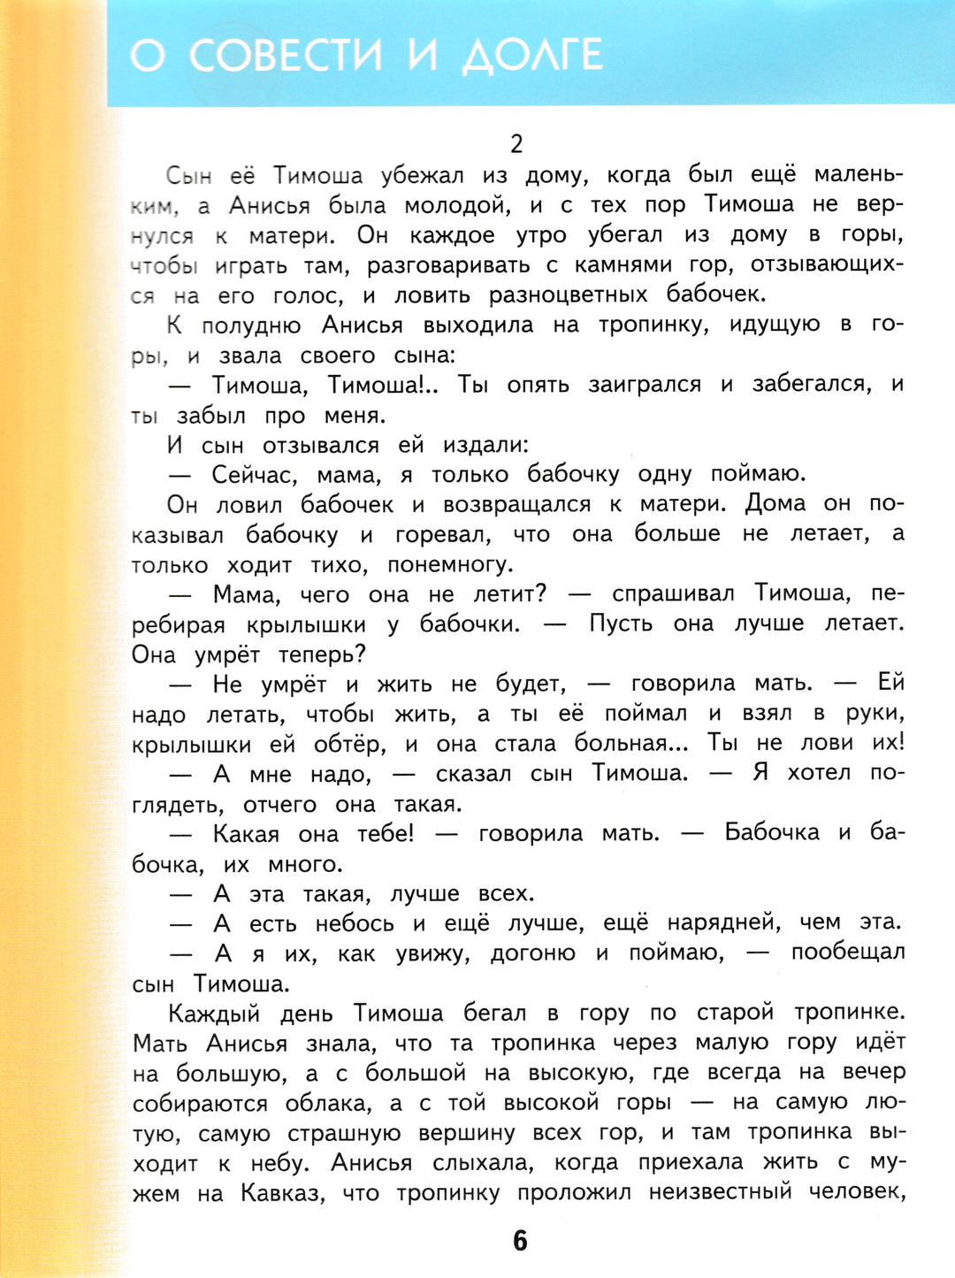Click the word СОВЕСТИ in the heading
(x=286, y=55)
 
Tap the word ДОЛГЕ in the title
(x=532, y=55)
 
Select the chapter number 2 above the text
(x=517, y=143)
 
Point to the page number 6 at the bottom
(x=520, y=1240)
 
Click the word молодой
(x=457, y=205)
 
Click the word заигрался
(x=645, y=384)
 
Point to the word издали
(x=485, y=445)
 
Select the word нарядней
(x=723, y=922)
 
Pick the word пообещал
(x=848, y=953)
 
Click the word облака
(x=334, y=1103)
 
